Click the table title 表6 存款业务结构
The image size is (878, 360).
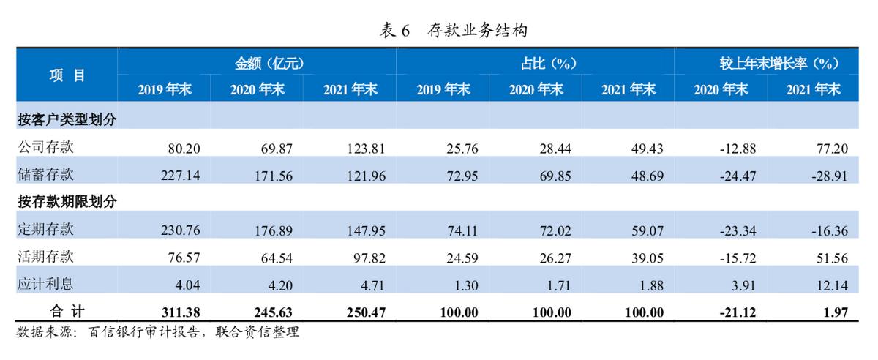[454, 30]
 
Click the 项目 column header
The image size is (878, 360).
[67, 74]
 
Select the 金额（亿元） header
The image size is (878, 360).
[257, 64]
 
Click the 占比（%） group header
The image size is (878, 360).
[536, 64]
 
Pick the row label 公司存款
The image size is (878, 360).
[45, 148]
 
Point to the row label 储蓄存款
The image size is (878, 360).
[45, 175]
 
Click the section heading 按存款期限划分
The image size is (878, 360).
[67, 201]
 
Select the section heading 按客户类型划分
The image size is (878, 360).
[67, 120]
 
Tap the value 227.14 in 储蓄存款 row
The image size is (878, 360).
[180, 176]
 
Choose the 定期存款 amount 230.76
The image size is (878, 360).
[180, 230]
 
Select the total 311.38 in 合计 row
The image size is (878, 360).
[179, 312]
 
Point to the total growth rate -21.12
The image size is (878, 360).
[735, 312]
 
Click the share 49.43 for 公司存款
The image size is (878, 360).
[646, 149]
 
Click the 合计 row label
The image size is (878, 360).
[67, 312]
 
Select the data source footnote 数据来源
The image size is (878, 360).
[157, 332]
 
